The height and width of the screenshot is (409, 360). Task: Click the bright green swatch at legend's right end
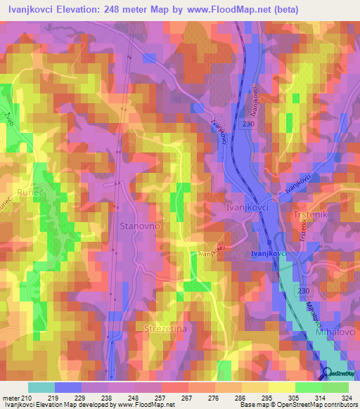coord(335,387)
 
